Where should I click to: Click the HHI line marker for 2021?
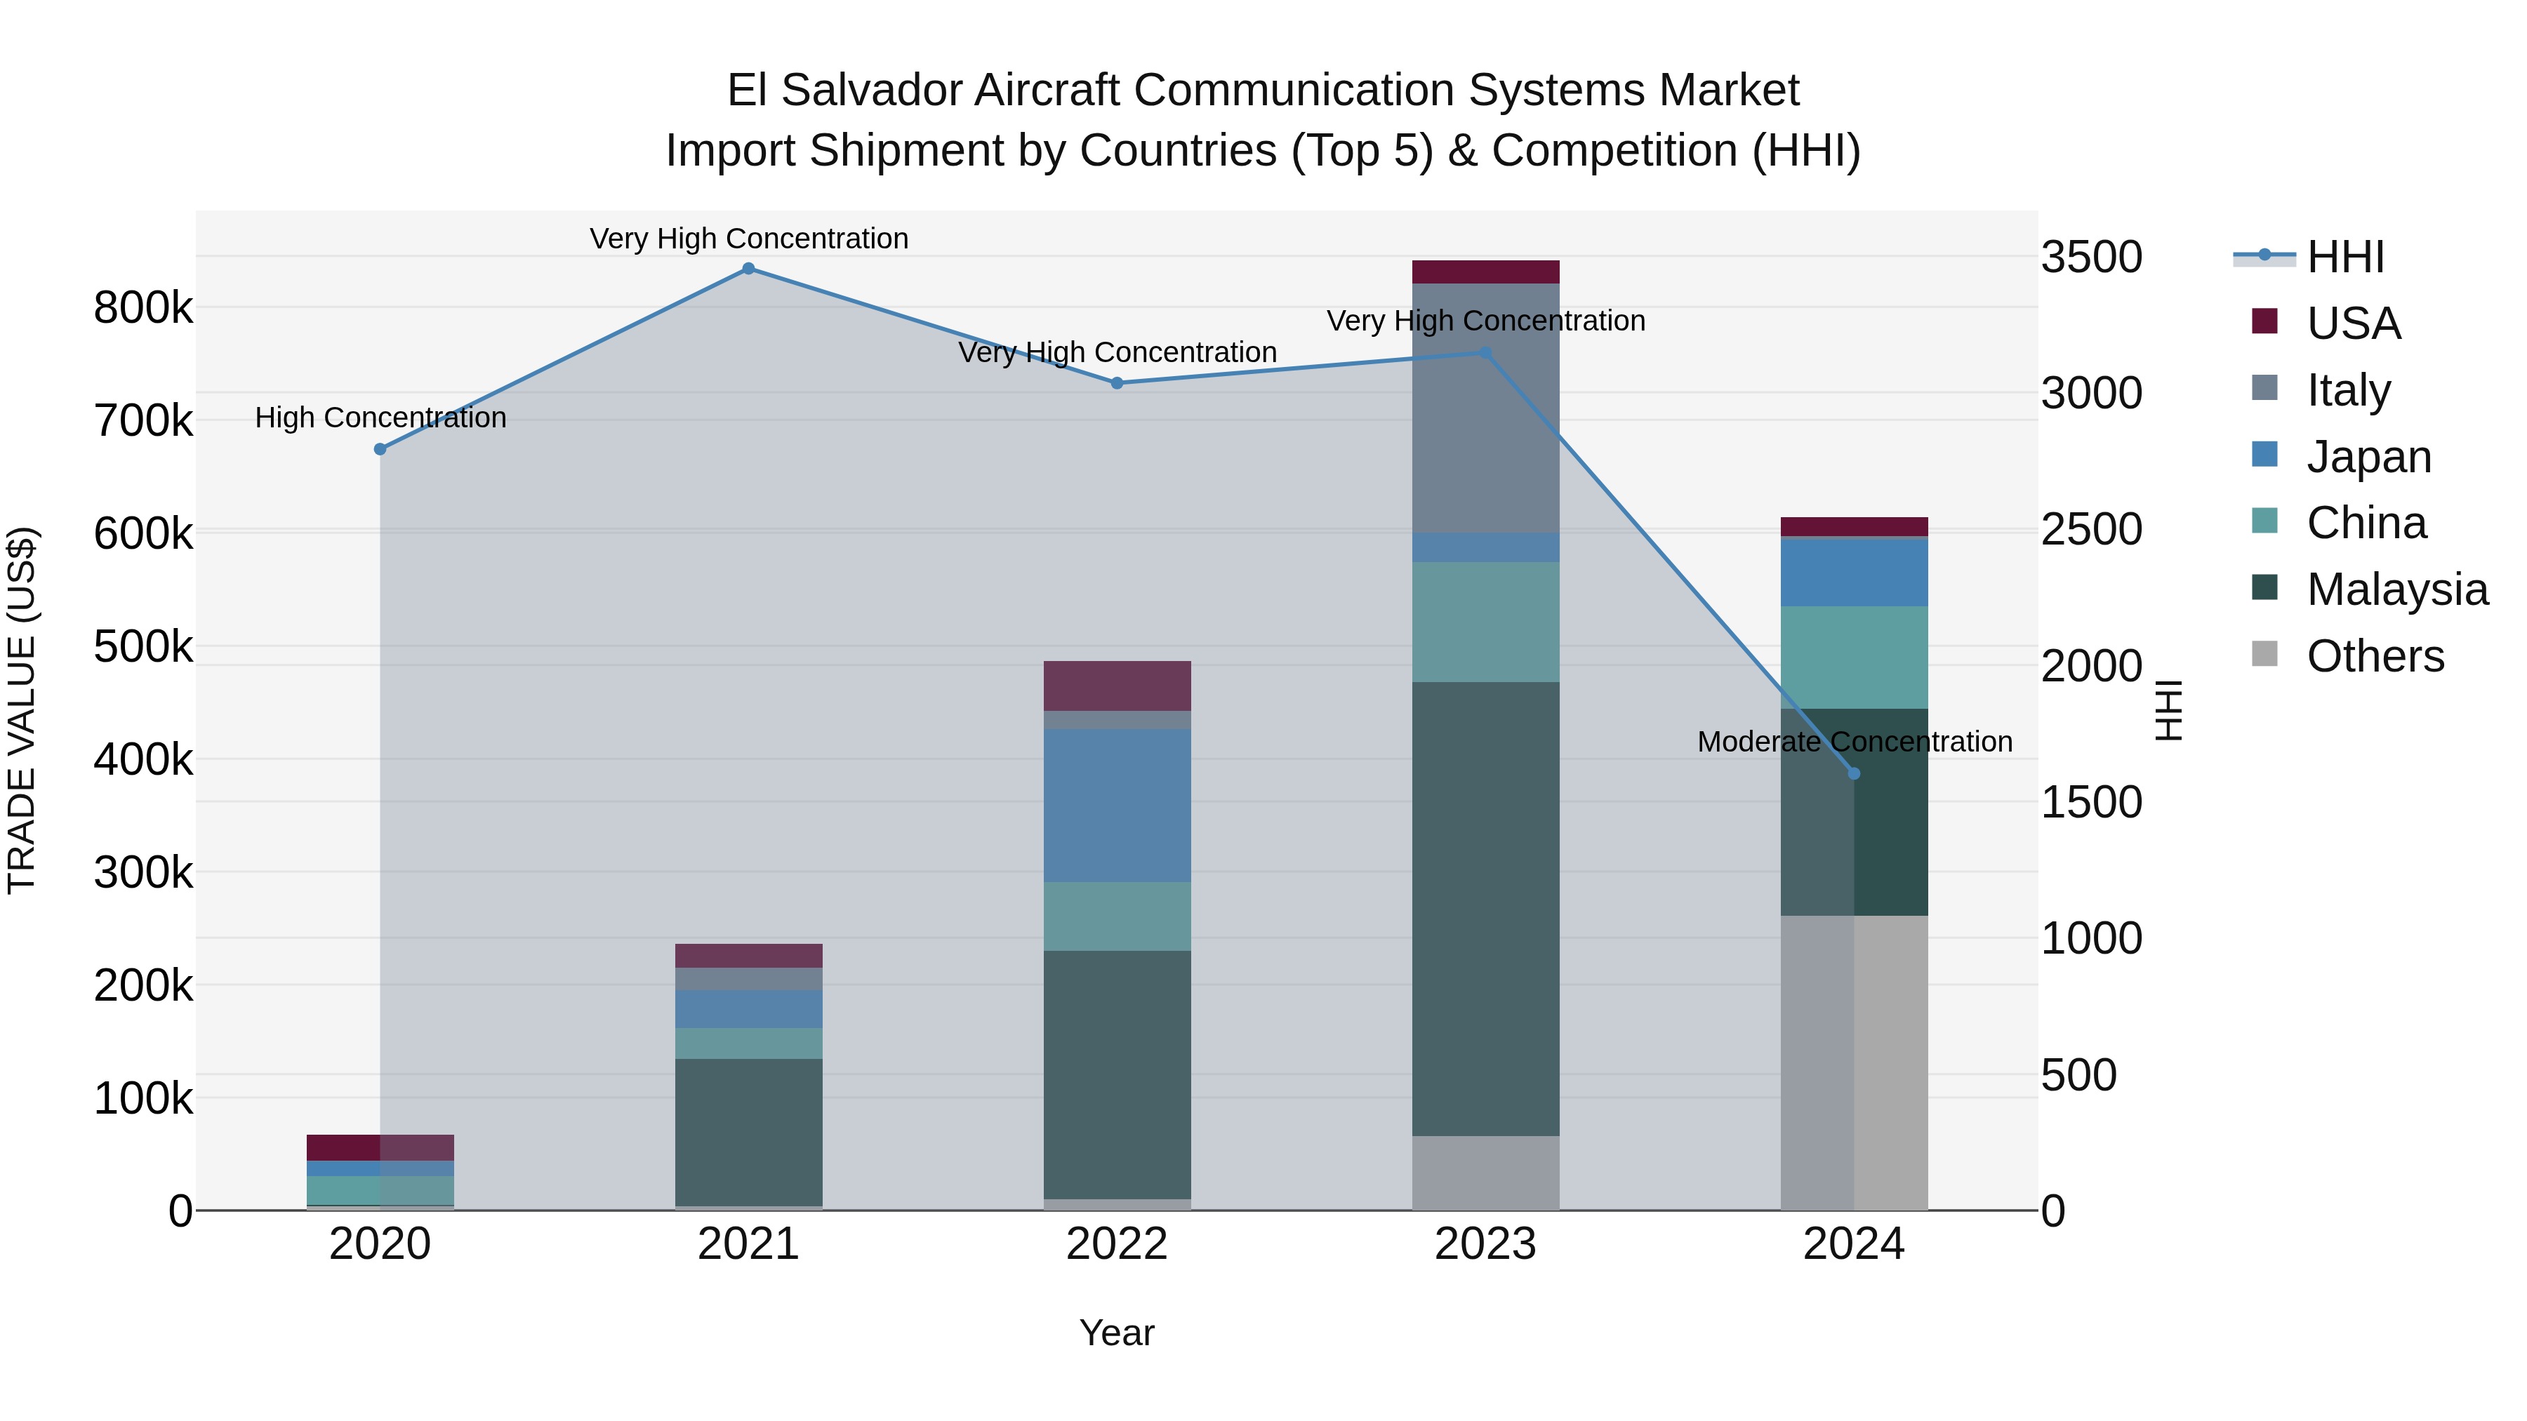point(748,269)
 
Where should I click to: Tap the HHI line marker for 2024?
point(1853,774)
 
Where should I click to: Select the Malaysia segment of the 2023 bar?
point(1485,908)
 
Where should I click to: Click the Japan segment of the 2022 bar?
point(1116,805)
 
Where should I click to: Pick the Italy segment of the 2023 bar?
point(1485,408)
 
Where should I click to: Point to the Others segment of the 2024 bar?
point(1853,1062)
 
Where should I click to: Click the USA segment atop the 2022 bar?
point(1116,686)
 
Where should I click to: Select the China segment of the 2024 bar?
point(1853,657)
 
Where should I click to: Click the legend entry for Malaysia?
point(2396,589)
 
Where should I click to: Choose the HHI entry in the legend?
point(2344,257)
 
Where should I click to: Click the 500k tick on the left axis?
point(143,646)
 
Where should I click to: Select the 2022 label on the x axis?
point(1116,1244)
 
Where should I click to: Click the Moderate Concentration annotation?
point(1854,742)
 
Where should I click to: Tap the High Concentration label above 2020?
point(380,418)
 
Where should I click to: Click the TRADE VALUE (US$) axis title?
point(22,710)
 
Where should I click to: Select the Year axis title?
point(1116,1333)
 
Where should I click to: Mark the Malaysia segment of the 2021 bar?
point(748,1132)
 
